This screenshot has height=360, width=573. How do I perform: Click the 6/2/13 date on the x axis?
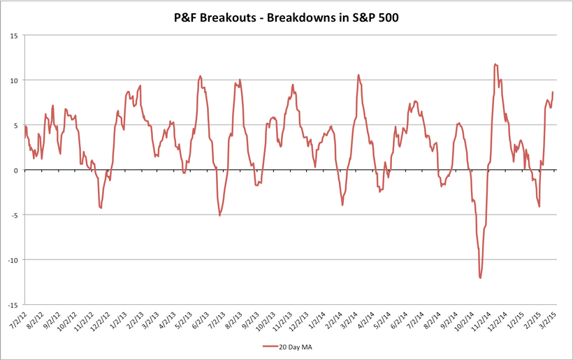201,319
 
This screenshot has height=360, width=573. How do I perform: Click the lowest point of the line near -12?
480,278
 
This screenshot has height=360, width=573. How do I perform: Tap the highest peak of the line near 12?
495,64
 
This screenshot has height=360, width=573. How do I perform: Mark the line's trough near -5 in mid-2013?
219,215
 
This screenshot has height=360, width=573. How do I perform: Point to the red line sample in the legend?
271,345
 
